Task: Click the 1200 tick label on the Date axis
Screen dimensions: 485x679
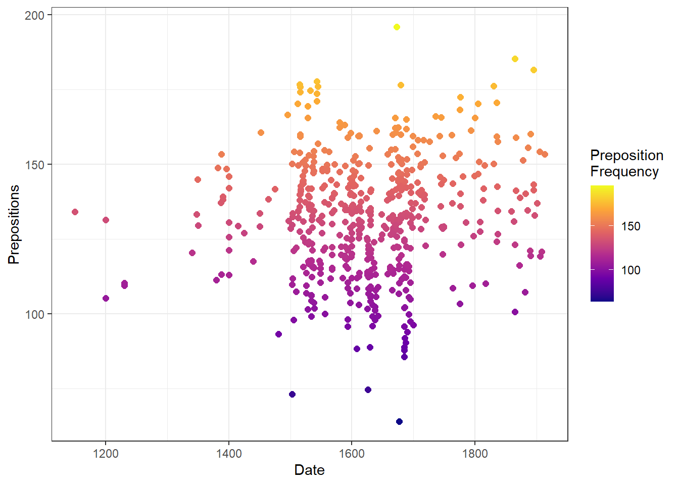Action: click(106, 454)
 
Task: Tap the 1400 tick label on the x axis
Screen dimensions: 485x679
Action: click(229, 454)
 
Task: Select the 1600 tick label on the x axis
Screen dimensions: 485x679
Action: click(352, 454)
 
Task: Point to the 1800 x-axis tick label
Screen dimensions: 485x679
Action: click(475, 454)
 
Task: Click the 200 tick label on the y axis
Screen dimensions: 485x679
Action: click(35, 15)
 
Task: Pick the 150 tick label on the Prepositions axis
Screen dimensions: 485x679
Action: click(35, 165)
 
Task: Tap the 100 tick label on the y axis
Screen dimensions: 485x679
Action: click(35, 314)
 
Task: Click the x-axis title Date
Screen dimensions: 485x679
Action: click(309, 470)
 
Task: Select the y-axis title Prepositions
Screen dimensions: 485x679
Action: click(14, 224)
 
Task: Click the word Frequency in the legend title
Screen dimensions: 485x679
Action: click(624, 172)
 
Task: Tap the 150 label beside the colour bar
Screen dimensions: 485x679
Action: click(630, 226)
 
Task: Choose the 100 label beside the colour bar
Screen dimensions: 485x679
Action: click(630, 270)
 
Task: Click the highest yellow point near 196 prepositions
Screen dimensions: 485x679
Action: click(397, 27)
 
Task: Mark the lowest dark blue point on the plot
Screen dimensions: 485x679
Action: click(399, 421)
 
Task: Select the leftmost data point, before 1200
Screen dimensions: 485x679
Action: click(75, 212)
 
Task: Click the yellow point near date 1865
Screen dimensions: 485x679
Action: click(515, 59)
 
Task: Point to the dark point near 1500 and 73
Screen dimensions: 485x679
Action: click(292, 394)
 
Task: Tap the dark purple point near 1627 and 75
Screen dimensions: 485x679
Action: click(368, 390)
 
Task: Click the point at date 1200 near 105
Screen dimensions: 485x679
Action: click(106, 298)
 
